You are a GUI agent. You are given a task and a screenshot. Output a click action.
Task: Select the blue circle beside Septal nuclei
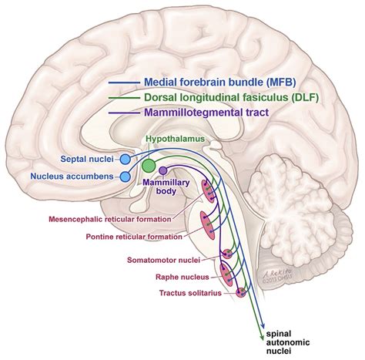coord(126,159)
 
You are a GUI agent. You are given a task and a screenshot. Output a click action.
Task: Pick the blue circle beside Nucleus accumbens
coord(126,177)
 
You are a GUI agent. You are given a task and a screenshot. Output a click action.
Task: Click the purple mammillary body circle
coord(162,170)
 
